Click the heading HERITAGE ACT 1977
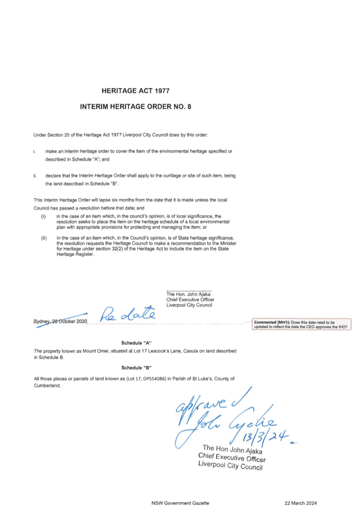point(136,91)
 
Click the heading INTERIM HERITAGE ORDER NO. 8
point(136,106)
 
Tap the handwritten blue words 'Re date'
point(127,313)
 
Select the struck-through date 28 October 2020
point(69,321)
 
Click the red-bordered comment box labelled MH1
point(302,324)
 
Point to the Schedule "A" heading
point(137,343)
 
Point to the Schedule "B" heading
point(137,368)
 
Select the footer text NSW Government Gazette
point(180,503)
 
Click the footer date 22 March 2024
point(300,503)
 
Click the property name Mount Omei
point(95,351)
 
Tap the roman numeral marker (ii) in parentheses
point(44,238)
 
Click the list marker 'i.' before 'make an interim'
point(34,151)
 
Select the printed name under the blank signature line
point(189,294)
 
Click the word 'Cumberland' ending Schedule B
point(47,386)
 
